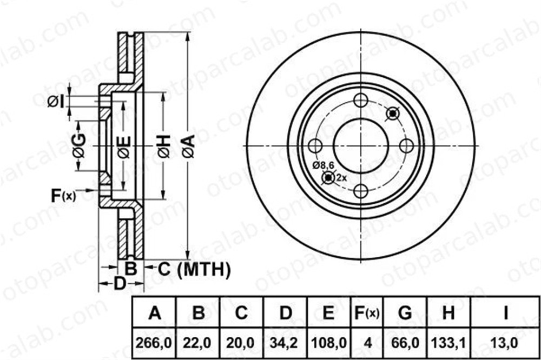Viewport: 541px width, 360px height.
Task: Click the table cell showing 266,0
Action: click(154, 343)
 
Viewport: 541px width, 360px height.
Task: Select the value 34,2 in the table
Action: click(285, 343)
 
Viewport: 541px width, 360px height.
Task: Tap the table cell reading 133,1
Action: click(448, 343)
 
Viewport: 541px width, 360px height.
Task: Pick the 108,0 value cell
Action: click(328, 343)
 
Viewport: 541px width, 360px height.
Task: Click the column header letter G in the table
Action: click(405, 313)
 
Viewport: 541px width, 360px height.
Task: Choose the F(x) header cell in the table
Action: click(367, 313)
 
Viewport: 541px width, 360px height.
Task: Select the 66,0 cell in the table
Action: click(405, 343)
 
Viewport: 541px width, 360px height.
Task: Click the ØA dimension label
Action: click(189, 146)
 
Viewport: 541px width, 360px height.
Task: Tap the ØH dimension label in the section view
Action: click(164, 146)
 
